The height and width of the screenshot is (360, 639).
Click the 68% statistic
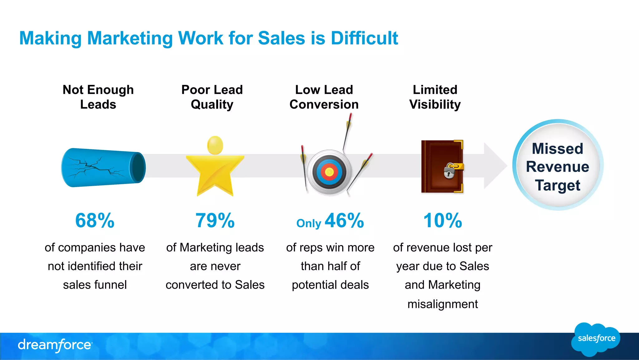[95, 220]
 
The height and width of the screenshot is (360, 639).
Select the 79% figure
[215, 220]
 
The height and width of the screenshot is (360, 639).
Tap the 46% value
[344, 220]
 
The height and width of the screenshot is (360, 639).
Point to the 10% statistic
[442, 220]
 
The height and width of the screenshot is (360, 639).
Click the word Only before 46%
[309, 224]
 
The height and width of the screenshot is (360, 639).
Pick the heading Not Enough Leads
[98, 97]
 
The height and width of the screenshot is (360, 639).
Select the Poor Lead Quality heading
[212, 97]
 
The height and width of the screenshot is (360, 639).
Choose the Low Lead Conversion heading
[324, 97]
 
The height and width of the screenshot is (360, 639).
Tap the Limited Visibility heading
[435, 97]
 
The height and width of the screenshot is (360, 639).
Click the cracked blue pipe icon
[103, 168]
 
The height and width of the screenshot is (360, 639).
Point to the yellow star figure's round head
[215, 145]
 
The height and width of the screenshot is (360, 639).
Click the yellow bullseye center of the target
[329, 172]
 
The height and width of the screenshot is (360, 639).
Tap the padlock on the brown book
[449, 171]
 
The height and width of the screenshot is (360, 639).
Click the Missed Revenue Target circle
[558, 165]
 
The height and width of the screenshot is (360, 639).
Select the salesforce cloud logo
[596, 339]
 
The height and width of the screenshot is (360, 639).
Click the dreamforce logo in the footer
[55, 345]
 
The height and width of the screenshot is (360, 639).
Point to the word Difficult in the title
[364, 38]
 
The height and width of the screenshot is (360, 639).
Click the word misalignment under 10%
[442, 304]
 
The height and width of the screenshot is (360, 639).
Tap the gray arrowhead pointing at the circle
[495, 165]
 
